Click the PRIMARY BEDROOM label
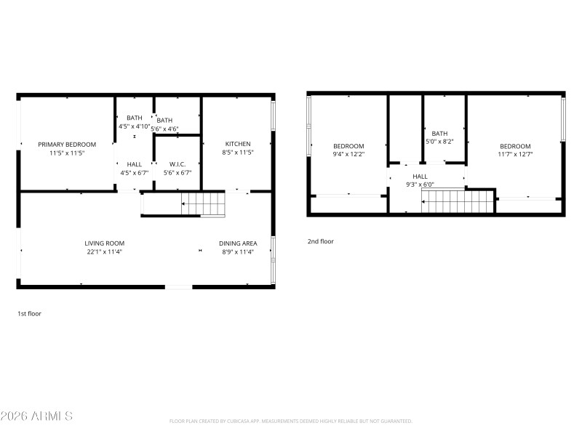(67, 145)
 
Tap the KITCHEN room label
(238, 144)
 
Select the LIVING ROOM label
(105, 243)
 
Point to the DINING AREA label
(239, 243)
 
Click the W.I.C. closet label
(178, 164)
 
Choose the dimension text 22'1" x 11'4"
(105, 252)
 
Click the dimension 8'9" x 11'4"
(239, 252)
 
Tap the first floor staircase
(203, 205)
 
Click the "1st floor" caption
(30, 314)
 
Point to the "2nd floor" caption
(320, 241)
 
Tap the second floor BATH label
(439, 133)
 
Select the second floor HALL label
(420, 176)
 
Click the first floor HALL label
(135, 164)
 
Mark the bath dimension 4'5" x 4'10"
(135, 126)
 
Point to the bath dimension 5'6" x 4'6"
(164, 129)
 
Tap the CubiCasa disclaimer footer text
(291, 421)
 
